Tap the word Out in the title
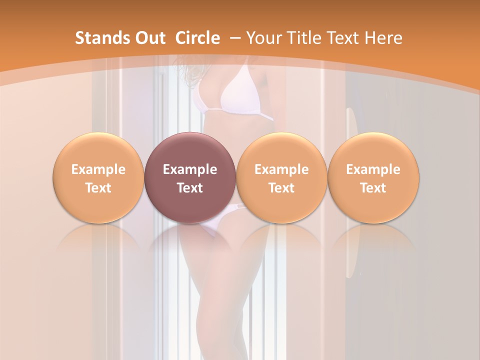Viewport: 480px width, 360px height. (x=149, y=38)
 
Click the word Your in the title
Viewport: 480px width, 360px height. (x=263, y=38)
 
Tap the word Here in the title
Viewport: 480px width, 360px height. (x=383, y=38)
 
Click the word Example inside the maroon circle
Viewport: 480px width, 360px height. (x=190, y=169)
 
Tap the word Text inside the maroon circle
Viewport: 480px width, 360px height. (x=190, y=188)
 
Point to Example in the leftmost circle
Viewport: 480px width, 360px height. (x=98, y=169)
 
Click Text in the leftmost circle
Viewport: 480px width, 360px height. (x=98, y=188)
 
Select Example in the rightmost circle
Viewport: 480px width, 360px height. (x=373, y=169)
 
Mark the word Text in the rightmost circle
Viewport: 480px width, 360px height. (x=373, y=188)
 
